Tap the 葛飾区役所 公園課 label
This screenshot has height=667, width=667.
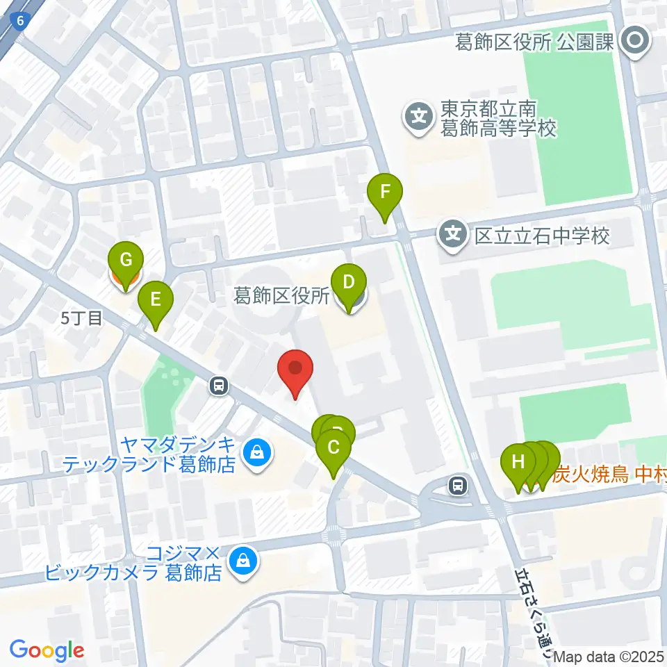tap(534, 42)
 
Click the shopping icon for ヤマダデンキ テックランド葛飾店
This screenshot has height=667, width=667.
tap(258, 454)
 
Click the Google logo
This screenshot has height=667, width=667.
tap(47, 650)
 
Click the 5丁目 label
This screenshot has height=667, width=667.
tap(82, 319)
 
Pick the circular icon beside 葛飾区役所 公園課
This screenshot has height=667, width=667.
tap(635, 42)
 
